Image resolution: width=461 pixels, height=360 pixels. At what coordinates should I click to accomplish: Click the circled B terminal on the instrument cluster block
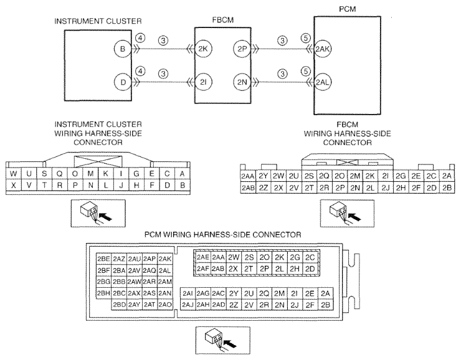click(123, 49)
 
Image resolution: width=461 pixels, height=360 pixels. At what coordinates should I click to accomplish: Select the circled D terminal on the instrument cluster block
click(123, 82)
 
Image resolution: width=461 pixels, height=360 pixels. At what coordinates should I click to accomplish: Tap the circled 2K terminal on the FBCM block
click(203, 49)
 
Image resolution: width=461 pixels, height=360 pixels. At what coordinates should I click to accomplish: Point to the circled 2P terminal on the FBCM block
click(242, 49)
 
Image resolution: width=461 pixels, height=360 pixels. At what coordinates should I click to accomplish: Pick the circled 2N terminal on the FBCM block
click(242, 82)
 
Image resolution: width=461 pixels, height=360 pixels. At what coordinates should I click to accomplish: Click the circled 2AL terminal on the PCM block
click(323, 82)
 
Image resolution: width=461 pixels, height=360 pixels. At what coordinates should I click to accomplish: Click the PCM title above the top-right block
click(347, 9)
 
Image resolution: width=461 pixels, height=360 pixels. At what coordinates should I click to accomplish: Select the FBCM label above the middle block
click(223, 20)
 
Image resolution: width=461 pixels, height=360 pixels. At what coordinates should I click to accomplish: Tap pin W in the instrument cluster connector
click(13, 174)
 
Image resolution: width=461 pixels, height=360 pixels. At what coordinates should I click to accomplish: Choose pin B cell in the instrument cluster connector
click(183, 186)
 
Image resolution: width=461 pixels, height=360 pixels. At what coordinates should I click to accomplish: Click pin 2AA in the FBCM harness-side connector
click(248, 176)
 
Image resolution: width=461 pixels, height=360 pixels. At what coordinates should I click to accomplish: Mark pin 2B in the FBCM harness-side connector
click(447, 187)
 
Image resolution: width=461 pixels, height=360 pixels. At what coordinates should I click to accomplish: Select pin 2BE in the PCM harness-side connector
click(104, 259)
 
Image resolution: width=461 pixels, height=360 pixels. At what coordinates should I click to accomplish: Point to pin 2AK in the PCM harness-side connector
click(165, 259)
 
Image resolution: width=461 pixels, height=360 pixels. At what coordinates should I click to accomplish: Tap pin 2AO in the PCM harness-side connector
click(165, 305)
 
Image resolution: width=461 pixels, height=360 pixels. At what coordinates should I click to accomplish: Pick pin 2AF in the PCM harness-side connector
click(203, 268)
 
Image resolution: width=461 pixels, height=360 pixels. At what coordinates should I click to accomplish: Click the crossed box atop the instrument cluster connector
click(98, 161)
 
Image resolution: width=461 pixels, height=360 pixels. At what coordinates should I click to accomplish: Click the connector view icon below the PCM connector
click(223, 340)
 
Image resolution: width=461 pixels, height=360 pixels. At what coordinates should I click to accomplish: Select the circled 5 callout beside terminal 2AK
click(306, 38)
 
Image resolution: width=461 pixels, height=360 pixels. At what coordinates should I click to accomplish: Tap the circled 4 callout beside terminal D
click(141, 71)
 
